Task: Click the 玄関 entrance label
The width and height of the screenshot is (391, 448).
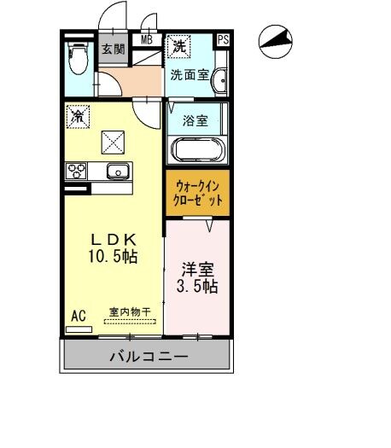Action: click(112, 49)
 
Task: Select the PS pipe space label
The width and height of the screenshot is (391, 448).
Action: click(224, 39)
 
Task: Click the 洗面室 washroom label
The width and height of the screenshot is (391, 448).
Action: click(189, 73)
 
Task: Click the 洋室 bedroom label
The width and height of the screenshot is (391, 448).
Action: click(196, 268)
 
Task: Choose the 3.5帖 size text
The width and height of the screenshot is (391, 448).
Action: click(196, 287)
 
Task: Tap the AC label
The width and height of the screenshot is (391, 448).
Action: click(78, 316)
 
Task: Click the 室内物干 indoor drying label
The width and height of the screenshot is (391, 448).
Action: click(129, 312)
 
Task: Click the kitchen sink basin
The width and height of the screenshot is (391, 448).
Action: click(116, 171)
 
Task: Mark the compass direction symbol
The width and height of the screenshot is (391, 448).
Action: click(275, 42)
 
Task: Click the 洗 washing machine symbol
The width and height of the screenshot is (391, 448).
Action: click(179, 44)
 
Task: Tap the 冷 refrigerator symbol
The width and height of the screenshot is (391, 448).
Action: click(78, 114)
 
